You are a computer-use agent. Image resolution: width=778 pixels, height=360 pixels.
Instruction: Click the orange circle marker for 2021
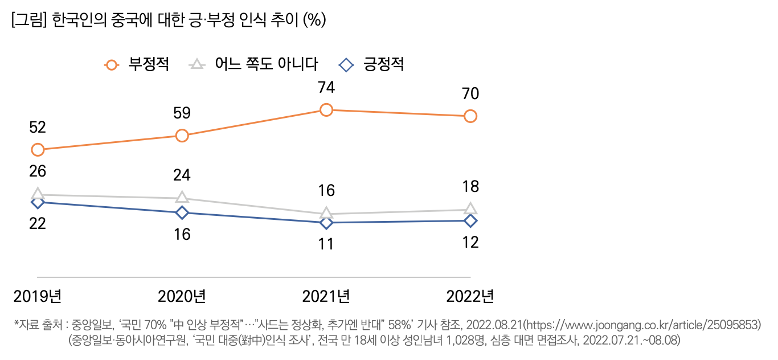tap(326, 110)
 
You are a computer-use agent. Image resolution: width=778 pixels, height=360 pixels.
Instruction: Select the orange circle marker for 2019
tap(38, 150)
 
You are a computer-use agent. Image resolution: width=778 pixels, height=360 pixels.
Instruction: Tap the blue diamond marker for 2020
tap(182, 212)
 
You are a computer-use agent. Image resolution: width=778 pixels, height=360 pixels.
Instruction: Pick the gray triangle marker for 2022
tap(470, 209)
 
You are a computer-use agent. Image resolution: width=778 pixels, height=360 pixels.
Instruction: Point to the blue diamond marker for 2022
tap(470, 220)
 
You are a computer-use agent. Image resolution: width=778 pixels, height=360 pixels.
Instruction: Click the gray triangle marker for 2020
tap(182, 198)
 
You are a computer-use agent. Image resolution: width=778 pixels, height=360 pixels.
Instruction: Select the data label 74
tap(326, 88)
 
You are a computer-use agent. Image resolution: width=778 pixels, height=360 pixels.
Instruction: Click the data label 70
tap(470, 93)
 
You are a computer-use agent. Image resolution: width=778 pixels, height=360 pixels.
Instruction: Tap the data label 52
tap(38, 127)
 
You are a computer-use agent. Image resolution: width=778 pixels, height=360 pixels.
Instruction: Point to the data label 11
tap(326, 244)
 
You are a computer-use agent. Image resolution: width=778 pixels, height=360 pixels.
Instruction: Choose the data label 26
tap(38, 171)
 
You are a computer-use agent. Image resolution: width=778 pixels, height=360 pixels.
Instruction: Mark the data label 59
tap(182, 113)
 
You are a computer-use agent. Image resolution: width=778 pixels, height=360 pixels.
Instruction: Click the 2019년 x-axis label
tap(38, 296)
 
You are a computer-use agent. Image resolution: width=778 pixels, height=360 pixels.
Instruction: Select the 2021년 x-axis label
tap(326, 296)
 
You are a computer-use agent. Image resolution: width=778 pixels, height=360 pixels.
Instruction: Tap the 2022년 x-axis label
tap(470, 296)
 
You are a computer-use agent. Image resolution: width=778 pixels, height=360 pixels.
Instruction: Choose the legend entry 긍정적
tap(383, 64)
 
